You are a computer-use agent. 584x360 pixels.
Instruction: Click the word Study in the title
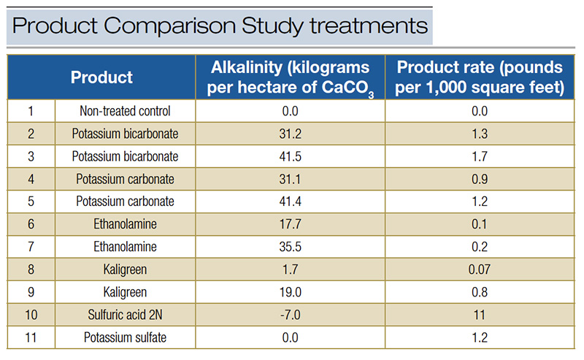click(x=273, y=26)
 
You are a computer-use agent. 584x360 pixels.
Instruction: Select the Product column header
click(x=101, y=77)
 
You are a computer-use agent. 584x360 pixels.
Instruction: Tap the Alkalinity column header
click(x=290, y=77)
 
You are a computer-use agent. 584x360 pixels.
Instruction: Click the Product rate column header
click(x=480, y=77)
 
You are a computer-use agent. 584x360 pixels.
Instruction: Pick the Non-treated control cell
click(x=125, y=111)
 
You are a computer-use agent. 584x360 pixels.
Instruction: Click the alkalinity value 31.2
click(x=290, y=134)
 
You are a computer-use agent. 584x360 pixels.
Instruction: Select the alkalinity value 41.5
click(x=290, y=156)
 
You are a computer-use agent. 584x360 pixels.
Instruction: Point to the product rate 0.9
click(x=480, y=179)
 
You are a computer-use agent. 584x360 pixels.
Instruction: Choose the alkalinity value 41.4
click(x=290, y=202)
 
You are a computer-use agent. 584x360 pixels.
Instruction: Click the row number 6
click(x=31, y=224)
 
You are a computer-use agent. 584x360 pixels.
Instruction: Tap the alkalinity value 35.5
click(x=290, y=247)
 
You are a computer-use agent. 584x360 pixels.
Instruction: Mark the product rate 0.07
click(x=480, y=269)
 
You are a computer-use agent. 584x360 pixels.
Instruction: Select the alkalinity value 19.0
click(x=290, y=292)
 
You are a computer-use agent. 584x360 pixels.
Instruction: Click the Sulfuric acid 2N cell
click(x=125, y=315)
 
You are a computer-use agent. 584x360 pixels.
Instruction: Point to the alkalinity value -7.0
click(x=290, y=315)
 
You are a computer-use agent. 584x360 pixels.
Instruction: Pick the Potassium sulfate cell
click(x=125, y=337)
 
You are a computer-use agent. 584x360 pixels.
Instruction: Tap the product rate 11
click(x=480, y=315)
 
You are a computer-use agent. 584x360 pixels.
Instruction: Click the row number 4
click(x=31, y=179)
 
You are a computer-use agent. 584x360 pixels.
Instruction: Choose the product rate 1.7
click(x=480, y=156)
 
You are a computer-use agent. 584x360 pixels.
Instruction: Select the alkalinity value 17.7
click(x=290, y=224)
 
